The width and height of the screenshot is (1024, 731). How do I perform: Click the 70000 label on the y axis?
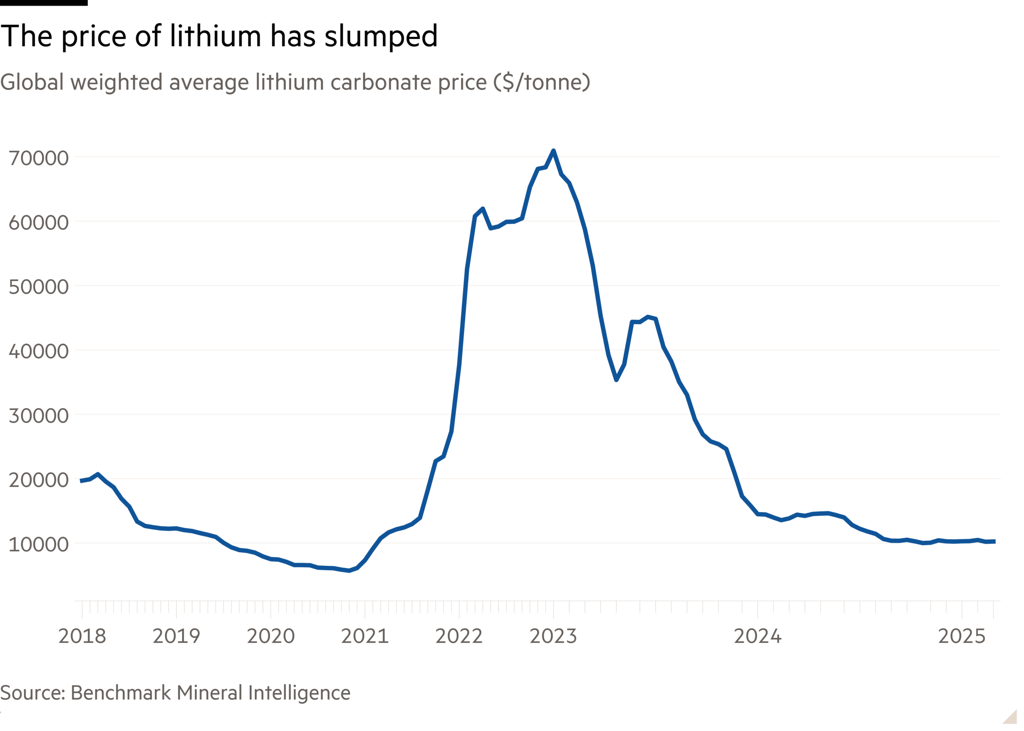coord(39,158)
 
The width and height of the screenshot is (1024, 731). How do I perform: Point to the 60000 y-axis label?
coord(39,223)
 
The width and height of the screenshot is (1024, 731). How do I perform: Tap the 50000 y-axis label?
coord(39,287)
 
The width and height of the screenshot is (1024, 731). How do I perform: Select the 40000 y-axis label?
coord(39,352)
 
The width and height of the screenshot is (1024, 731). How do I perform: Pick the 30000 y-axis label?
coord(39,416)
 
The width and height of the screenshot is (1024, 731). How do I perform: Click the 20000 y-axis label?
coord(39,480)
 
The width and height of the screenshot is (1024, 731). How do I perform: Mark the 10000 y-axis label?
coord(39,545)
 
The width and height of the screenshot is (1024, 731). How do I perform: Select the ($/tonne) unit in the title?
coord(542,82)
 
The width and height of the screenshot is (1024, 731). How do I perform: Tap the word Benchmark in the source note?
coord(121,693)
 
